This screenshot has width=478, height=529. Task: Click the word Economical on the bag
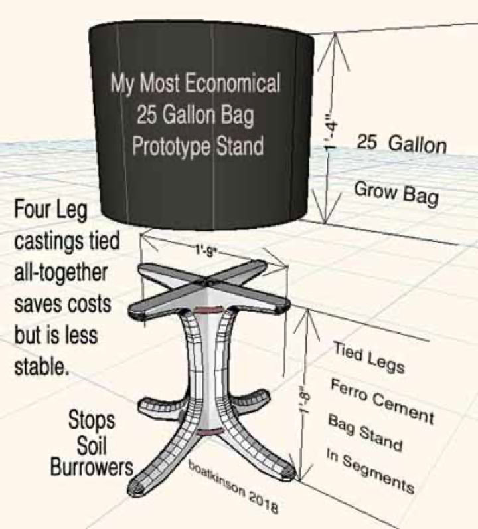[232, 84]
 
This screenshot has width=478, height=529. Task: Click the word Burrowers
[92, 468]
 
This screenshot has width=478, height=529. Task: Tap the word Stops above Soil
[92, 421]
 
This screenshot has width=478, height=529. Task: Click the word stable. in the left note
[41, 366]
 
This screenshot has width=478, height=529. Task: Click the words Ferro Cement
[382, 401]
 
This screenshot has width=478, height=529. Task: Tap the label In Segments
[370, 471]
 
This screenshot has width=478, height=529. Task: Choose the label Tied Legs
[368, 358]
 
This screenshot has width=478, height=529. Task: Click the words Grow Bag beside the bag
[396, 193]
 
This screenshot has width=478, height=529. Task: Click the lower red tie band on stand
[210, 432]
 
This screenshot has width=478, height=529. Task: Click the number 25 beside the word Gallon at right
[366, 142]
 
